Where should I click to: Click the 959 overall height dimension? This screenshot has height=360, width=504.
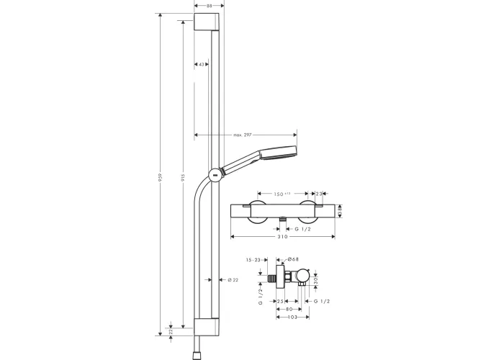[x=160, y=177]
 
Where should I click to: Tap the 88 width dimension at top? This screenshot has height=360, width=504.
[x=210, y=6]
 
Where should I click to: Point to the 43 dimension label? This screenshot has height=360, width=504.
[x=201, y=65]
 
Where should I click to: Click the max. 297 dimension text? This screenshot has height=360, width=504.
[x=243, y=135]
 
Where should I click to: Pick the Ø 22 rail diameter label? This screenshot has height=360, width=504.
[x=233, y=280]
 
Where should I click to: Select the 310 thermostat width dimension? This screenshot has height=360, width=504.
[x=282, y=237]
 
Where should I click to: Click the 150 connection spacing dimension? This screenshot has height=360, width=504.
[x=282, y=194]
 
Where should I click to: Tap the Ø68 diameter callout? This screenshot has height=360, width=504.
[x=293, y=258]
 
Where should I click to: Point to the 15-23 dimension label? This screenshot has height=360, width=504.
[x=253, y=260]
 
